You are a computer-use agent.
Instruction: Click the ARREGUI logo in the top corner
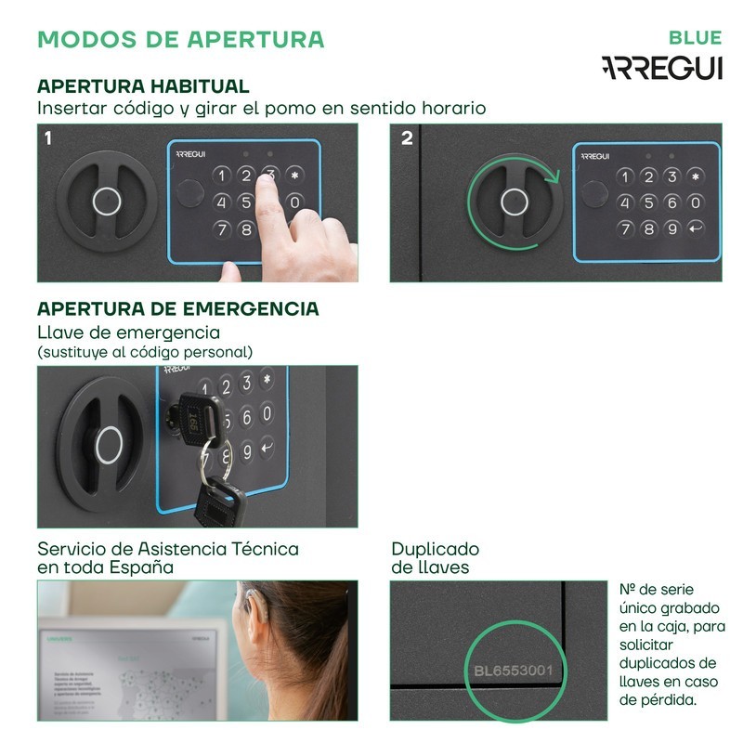(661, 68)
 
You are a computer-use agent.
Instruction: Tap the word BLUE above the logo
(695, 38)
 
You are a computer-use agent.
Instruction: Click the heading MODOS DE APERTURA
(181, 39)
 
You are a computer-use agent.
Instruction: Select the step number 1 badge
(48, 138)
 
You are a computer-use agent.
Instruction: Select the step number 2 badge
(406, 138)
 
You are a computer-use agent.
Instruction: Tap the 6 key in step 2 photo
(671, 202)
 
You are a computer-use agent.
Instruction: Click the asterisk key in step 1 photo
(295, 175)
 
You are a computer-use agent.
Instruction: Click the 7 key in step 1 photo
(221, 228)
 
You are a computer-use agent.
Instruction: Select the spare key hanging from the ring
(218, 505)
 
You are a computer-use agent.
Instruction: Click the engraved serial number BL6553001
(513, 670)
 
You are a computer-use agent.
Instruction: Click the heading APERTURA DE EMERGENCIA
(177, 308)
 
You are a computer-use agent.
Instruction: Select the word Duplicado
(435, 548)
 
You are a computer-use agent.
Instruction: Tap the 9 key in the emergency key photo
(246, 450)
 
